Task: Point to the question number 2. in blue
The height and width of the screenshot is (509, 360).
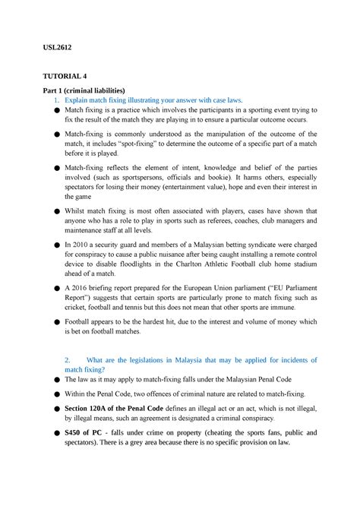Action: (68, 359)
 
